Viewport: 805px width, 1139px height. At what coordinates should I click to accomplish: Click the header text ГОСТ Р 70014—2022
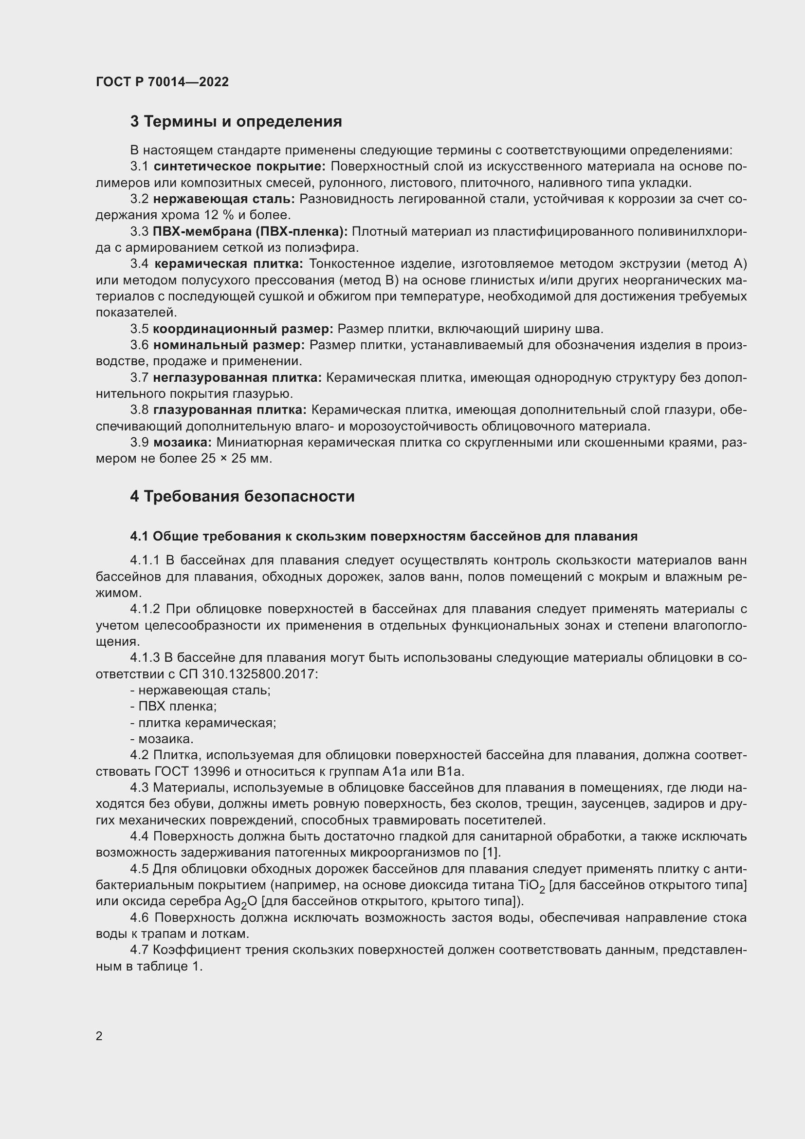[x=162, y=82]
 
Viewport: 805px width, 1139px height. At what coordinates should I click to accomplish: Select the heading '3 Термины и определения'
[x=236, y=122]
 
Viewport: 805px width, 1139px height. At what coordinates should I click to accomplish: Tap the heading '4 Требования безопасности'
[x=242, y=496]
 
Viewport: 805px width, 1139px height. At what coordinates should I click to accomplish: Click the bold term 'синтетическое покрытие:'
[x=239, y=167]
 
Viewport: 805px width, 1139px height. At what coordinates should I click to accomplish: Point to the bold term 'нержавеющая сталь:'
[x=223, y=199]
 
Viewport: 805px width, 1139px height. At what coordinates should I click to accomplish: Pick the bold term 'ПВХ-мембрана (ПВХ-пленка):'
[x=250, y=232]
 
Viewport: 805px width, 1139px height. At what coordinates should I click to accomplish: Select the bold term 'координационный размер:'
[x=243, y=329]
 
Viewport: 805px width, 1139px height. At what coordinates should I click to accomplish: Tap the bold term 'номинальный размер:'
[x=229, y=345]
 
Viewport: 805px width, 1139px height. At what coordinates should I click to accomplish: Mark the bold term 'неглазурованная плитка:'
[x=238, y=377]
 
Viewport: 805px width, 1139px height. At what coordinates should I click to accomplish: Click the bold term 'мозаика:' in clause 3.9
[x=183, y=442]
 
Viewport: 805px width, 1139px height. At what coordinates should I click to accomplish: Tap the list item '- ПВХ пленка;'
[x=173, y=707]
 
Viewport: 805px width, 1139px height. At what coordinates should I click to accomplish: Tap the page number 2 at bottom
[x=99, y=1036]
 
